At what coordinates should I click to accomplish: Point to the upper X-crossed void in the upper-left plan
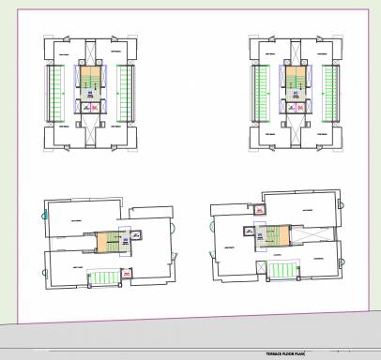coord(89,52)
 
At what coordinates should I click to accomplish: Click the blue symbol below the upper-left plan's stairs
coord(89,95)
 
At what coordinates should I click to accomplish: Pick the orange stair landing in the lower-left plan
coord(102,242)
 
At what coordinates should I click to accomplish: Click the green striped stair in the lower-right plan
coord(282,271)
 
